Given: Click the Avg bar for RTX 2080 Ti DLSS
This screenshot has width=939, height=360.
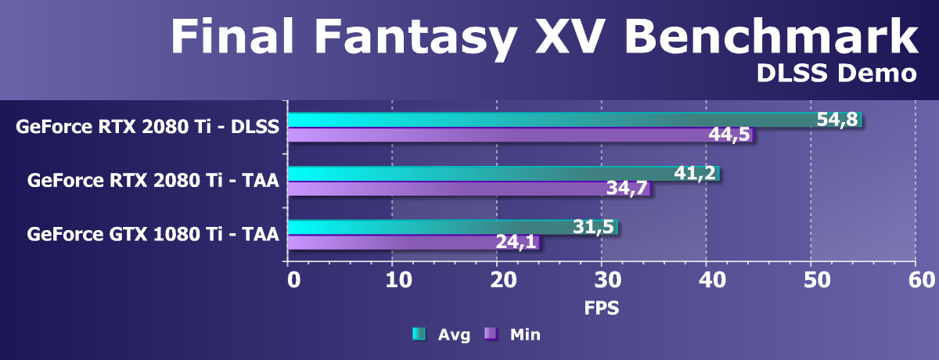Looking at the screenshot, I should click(x=548, y=120).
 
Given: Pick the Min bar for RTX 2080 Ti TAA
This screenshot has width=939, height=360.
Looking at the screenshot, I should click(x=446, y=188).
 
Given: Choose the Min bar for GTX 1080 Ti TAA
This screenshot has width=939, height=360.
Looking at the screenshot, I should click(x=391, y=242).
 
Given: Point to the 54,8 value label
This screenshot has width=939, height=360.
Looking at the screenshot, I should click(x=838, y=120).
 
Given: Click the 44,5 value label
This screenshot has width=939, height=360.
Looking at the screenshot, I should click(x=729, y=135).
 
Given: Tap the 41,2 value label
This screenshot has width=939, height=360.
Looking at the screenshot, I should click(x=695, y=173).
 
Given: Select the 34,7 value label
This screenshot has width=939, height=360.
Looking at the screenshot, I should click(x=627, y=188).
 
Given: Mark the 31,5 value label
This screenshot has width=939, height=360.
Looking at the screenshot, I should click(x=593, y=227).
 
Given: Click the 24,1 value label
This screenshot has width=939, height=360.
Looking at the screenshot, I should click(x=516, y=242).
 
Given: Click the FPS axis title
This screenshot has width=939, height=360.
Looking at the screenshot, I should click(x=602, y=308).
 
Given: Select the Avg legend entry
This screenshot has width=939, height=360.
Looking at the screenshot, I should click(x=444, y=335).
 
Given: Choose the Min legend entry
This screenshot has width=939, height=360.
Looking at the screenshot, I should click(x=514, y=335).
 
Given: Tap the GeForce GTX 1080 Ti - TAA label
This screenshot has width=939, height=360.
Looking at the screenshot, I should click(x=153, y=233).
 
